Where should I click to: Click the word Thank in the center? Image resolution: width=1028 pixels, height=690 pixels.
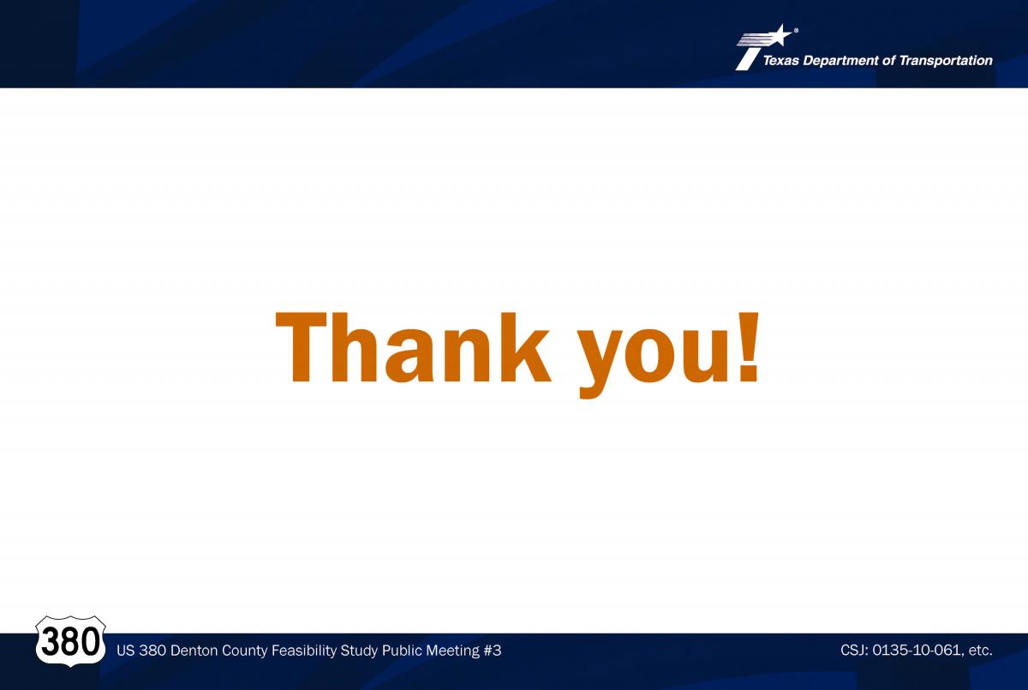pos(413,347)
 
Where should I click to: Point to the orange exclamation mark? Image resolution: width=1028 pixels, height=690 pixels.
pos(748,347)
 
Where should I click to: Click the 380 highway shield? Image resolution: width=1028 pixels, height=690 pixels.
pos(70,641)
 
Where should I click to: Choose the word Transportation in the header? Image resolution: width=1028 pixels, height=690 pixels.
pos(946,61)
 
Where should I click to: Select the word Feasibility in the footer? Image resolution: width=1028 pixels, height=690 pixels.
pos(304,651)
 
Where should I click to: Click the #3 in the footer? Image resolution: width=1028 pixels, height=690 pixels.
pos(493,651)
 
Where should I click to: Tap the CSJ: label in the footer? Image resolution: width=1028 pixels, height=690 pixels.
pos(854,650)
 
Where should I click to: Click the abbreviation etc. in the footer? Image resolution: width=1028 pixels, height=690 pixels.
pos(980,651)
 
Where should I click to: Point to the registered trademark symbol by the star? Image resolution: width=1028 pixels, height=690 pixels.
pos(796,30)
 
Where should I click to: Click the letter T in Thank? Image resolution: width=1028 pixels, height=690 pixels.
pos(301,347)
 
